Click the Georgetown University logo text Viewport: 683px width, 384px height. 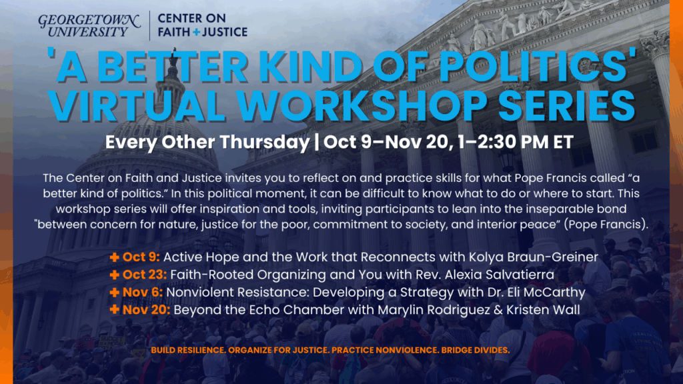(89, 26)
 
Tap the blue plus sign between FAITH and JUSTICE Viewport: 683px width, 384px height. (197, 32)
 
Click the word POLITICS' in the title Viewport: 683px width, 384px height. (538, 66)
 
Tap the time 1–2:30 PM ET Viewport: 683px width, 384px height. (516, 142)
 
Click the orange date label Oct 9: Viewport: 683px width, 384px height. (141, 257)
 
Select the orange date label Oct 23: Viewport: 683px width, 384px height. (145, 275)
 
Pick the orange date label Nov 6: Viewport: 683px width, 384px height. (143, 292)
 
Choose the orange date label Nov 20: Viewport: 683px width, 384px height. (146, 310)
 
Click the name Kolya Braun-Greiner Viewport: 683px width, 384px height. (533, 257)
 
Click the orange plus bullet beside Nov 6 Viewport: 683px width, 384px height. (114, 293)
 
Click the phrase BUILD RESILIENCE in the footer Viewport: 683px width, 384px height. (189, 350)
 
